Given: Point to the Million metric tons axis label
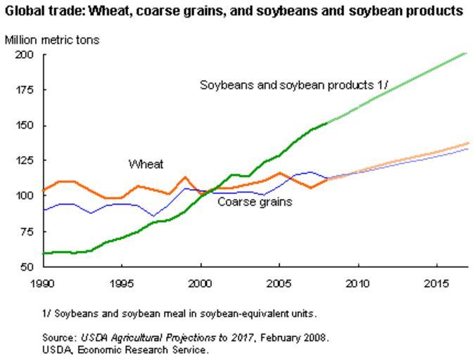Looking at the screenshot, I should point(52,39).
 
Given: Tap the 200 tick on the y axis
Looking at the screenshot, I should point(24,55).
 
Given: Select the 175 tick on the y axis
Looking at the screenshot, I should point(24,90).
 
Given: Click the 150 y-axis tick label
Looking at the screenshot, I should point(24,125).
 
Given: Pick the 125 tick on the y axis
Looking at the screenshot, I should point(24,160).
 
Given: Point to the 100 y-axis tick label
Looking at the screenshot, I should point(24,195).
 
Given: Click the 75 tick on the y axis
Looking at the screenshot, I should point(26,231).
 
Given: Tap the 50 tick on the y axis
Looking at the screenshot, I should point(26,266).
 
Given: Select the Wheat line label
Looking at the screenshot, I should point(146,165).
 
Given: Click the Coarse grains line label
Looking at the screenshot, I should point(255,202).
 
